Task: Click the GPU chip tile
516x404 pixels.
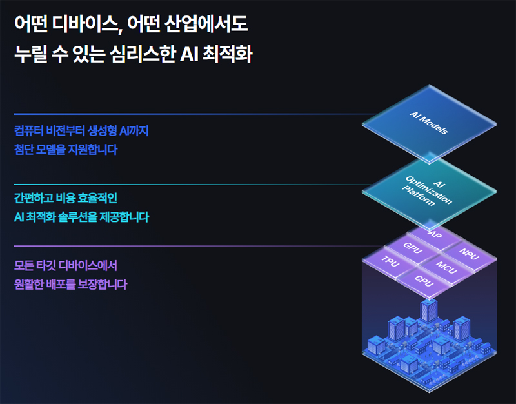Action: tap(412, 247)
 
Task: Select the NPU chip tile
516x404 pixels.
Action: tap(469, 253)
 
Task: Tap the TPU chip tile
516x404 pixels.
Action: tap(390, 261)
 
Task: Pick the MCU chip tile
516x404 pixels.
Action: tap(446, 266)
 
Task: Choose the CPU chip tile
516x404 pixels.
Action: tap(424, 281)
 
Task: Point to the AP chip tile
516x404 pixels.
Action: tap(436, 234)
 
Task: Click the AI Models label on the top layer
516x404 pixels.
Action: tap(429, 123)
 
